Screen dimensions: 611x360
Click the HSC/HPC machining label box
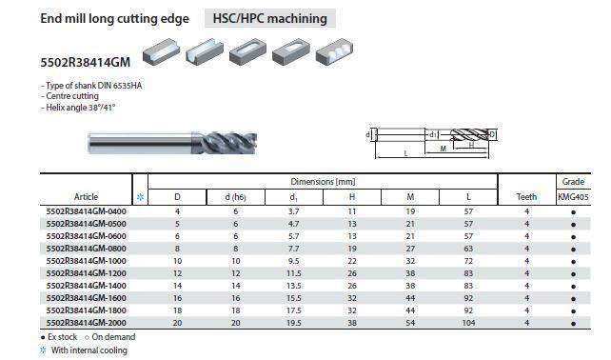click(x=270, y=18)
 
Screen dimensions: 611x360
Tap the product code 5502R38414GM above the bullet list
click(x=86, y=63)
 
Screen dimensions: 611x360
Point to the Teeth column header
click(x=526, y=197)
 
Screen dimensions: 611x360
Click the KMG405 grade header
click(x=573, y=197)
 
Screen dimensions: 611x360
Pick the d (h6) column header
click(x=235, y=197)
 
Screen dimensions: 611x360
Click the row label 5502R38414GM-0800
click(x=86, y=249)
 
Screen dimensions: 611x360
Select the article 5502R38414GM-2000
click(x=86, y=323)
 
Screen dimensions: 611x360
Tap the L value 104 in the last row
click(x=468, y=323)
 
